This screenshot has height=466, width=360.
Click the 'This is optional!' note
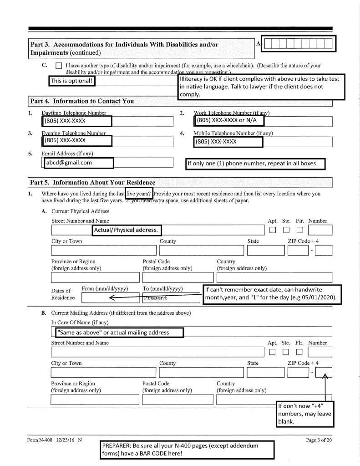point(72,81)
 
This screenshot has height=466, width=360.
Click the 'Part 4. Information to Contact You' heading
point(82,101)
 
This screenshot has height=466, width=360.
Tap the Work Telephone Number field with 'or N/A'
point(229,121)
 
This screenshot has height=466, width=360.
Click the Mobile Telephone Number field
point(229,142)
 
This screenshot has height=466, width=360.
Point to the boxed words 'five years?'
point(139,193)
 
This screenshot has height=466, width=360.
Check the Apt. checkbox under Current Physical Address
point(273,230)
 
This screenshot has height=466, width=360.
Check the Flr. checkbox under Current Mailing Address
point(299,352)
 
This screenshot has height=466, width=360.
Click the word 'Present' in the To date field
point(155,298)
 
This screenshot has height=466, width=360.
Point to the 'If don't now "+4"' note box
point(305,414)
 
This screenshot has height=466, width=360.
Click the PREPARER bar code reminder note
point(188,450)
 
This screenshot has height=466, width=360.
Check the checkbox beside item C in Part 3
point(58,66)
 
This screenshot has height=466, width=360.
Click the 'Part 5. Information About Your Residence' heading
point(92,183)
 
